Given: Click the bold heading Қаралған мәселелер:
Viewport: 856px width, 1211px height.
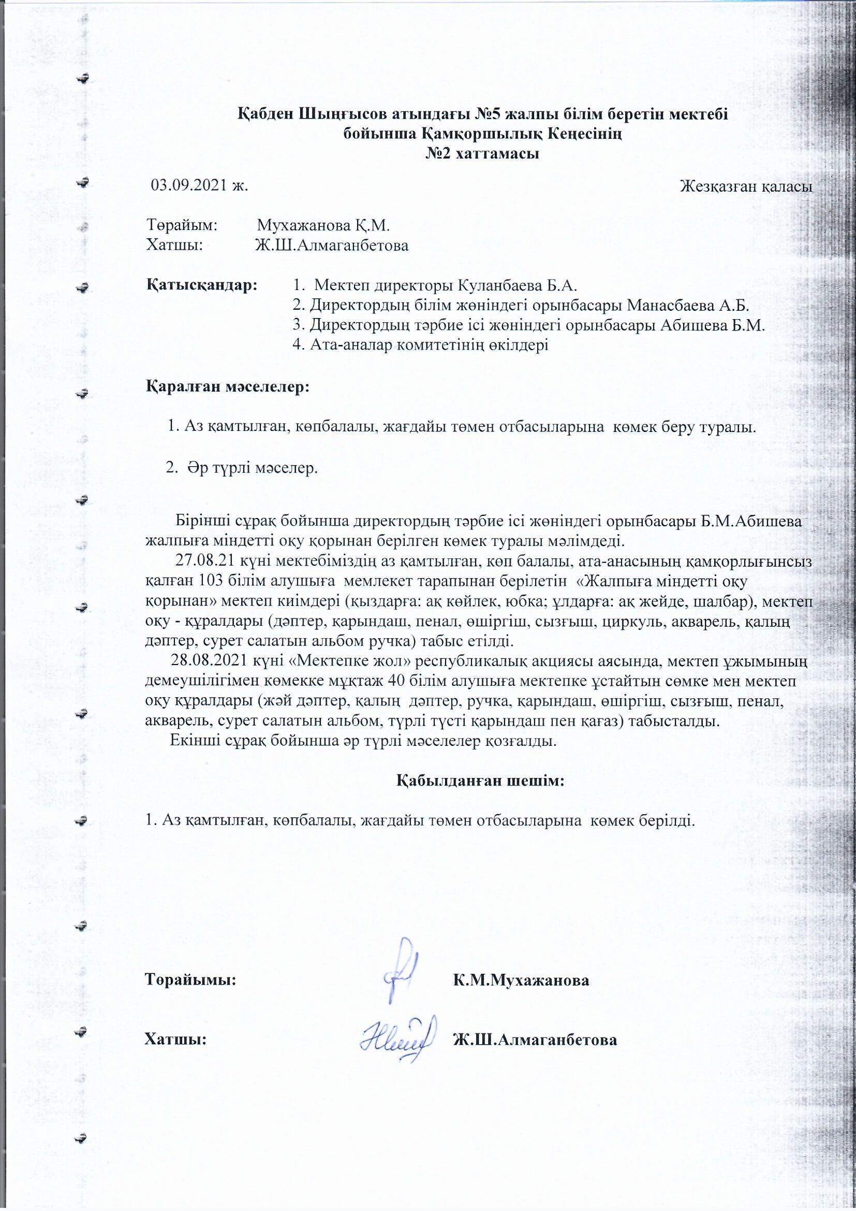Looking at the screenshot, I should click(228, 386).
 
